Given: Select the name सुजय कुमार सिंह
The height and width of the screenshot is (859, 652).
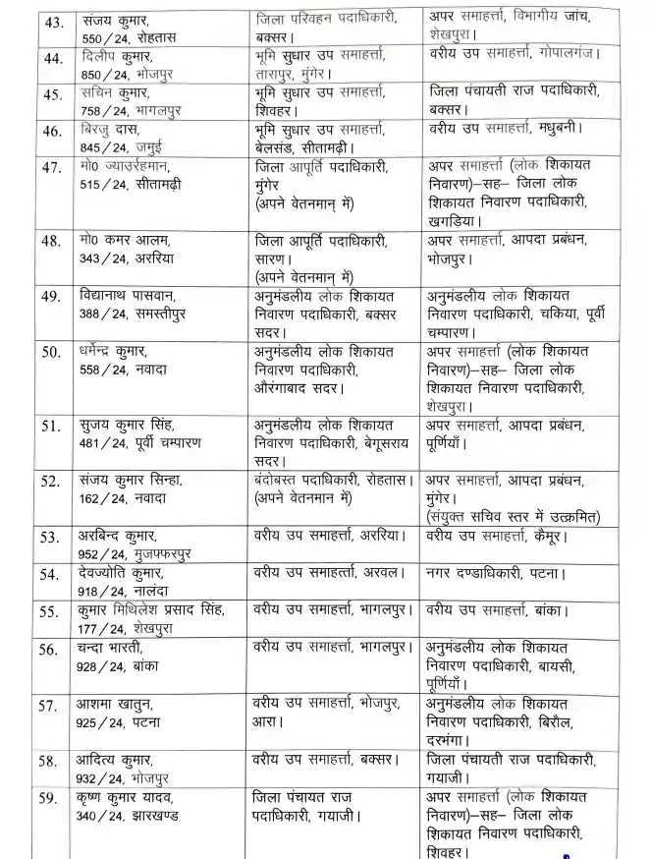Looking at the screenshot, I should (129, 425).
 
